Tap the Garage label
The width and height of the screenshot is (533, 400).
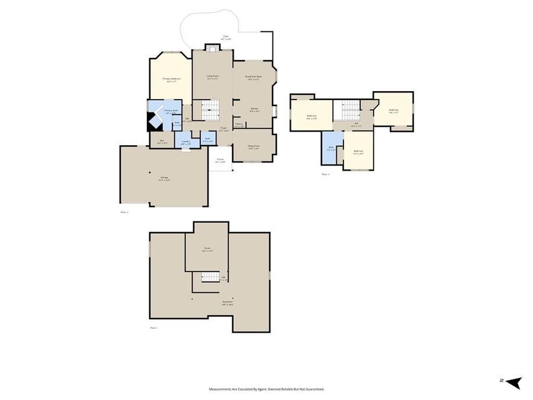[x=164, y=179]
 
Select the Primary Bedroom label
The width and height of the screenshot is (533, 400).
[x=171, y=79]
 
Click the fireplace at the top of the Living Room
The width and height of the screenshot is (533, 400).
[x=212, y=47]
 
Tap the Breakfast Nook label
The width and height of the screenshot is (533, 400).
[x=253, y=77]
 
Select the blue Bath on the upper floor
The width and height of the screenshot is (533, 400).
[x=330, y=148]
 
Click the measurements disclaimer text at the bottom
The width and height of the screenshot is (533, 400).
[x=266, y=389]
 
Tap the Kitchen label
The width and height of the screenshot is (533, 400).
[x=253, y=109]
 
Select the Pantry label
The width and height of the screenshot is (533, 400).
[x=239, y=125]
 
